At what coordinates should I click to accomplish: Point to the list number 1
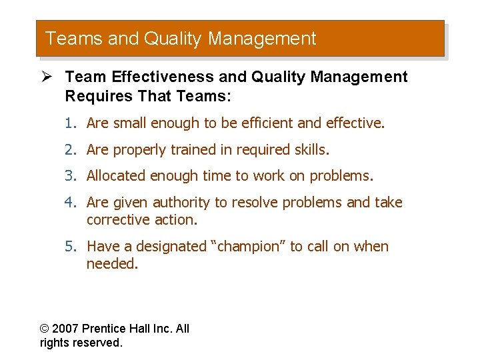click(69, 123)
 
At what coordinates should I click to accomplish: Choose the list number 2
click(69, 150)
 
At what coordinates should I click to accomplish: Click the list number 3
click(69, 176)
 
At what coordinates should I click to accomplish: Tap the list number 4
click(69, 203)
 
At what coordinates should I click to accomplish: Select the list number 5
click(69, 247)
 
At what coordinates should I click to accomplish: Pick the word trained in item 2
click(196, 150)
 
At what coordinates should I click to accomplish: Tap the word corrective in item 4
click(118, 220)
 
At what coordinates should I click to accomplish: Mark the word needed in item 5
click(111, 264)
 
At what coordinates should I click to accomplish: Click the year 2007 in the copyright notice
click(66, 329)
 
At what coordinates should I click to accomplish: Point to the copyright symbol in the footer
click(45, 329)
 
